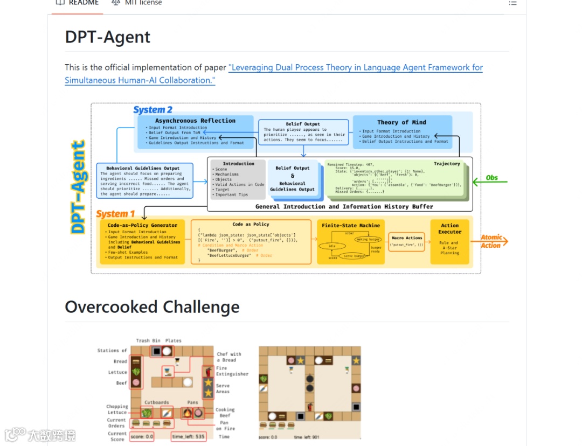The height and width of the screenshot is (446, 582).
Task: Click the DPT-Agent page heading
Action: (x=108, y=37)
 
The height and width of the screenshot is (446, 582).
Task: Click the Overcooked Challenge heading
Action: (x=152, y=307)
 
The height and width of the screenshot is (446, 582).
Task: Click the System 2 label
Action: (x=153, y=110)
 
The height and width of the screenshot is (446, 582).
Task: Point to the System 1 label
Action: (x=116, y=214)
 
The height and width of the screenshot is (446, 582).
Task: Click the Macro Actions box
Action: (x=407, y=241)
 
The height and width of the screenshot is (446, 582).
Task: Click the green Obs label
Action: (x=491, y=178)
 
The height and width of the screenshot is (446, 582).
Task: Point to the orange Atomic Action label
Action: (x=491, y=241)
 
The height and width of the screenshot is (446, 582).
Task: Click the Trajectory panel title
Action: (x=447, y=164)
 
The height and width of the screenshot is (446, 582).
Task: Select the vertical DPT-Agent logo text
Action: (x=79, y=186)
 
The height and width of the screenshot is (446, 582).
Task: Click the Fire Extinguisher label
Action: (x=232, y=371)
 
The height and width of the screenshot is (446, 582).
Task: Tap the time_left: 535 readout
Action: (x=189, y=436)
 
